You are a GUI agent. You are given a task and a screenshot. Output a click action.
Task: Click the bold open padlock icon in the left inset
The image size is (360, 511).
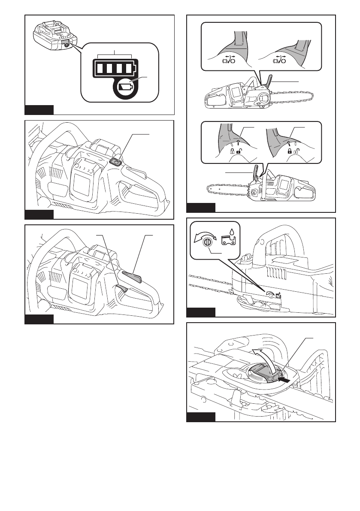[238, 151]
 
